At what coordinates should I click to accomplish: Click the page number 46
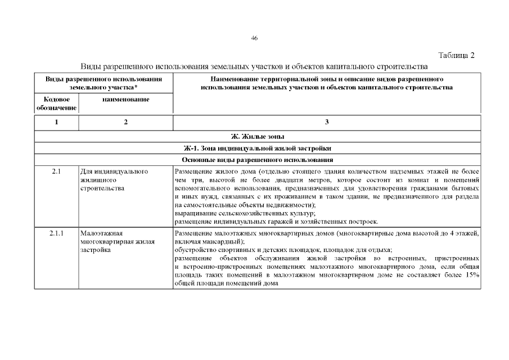pyautogui.click(x=254, y=38)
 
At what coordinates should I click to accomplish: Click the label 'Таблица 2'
pyautogui.click(x=456, y=55)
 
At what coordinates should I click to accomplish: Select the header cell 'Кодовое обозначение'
pyautogui.click(x=56, y=103)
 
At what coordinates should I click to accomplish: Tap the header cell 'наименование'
pyautogui.click(x=125, y=100)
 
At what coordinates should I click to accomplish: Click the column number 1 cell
pyautogui.click(x=56, y=123)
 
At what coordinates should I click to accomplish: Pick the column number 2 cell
pyautogui.click(x=125, y=123)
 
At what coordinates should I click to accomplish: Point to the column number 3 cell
pyautogui.click(x=327, y=123)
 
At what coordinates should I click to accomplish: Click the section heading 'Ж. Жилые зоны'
pyautogui.click(x=258, y=137)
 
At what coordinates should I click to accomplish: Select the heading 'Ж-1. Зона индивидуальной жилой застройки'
pyautogui.click(x=258, y=149)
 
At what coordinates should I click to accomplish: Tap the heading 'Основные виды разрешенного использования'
pyautogui.click(x=258, y=161)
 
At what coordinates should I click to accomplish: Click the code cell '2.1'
pyautogui.click(x=56, y=171)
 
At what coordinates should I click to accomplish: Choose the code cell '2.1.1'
pyautogui.click(x=56, y=233)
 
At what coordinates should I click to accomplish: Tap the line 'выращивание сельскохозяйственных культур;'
pyautogui.click(x=245, y=214)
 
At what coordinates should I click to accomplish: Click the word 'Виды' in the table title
pyautogui.click(x=92, y=66)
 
